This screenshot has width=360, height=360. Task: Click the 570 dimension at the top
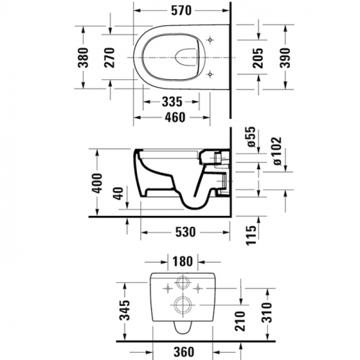[181, 11]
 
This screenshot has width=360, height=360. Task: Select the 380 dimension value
[84, 58]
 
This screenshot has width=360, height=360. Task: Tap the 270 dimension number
[109, 58]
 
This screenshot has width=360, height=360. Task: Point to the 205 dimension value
[258, 58]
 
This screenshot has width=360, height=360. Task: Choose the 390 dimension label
[285, 58]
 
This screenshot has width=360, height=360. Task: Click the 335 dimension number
[172, 102]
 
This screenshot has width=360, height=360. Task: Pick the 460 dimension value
[175, 117]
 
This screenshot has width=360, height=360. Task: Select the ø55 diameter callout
[251, 137]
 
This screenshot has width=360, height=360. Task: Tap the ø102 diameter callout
[276, 151]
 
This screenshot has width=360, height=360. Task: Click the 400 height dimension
[97, 183]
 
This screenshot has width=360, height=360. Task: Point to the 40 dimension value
[117, 194]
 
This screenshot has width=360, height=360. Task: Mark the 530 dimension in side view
[186, 233]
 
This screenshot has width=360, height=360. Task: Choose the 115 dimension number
[251, 235]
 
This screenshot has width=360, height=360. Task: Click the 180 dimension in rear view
[182, 261]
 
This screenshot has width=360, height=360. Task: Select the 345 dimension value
[125, 310]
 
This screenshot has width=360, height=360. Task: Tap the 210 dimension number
[240, 321]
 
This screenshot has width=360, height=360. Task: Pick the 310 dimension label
[267, 312]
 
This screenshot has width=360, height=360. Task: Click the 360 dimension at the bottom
[184, 352]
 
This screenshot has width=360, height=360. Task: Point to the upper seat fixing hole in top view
[210, 40]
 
